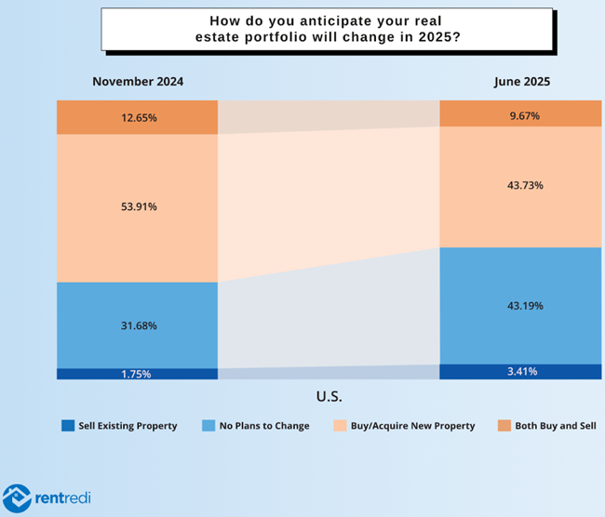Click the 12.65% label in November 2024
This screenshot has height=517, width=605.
point(138,118)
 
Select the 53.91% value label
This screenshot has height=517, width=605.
point(138,206)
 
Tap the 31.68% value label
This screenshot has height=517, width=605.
point(138,325)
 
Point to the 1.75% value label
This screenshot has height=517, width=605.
point(138,374)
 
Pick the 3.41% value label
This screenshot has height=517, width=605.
point(521,371)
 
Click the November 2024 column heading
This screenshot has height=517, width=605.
point(138,82)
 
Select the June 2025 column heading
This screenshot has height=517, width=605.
point(522,82)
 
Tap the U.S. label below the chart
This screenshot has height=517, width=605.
point(329,397)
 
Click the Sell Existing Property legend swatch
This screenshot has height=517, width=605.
point(68,426)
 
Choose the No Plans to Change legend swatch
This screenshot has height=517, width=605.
point(209,426)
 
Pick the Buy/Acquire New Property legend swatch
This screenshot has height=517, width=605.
point(343,426)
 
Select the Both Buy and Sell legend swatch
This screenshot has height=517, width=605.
point(505,426)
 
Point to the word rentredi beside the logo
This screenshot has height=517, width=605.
point(63,498)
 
